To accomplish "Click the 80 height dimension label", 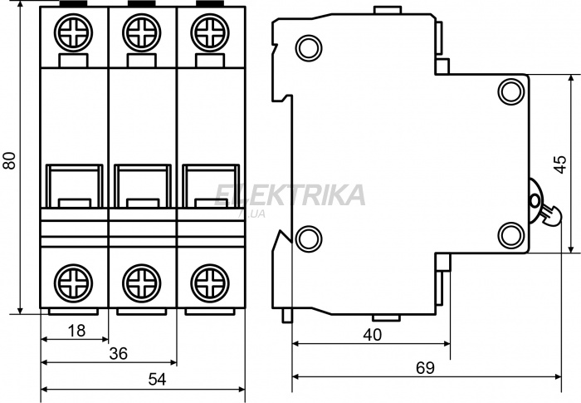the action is coord(10,160).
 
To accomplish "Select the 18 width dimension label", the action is coord(76,330).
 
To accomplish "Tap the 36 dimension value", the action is coord(119,354).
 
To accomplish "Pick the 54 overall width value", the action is coord(158,380).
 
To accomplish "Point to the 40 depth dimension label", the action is coord(372,335).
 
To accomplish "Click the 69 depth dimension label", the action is coord(425,368).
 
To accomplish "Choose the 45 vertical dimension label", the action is coord(561,164).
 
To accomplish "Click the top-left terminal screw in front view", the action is coord(73,32).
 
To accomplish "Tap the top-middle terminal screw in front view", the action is coord(142,32).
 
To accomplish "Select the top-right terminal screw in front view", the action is coord(210,32).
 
